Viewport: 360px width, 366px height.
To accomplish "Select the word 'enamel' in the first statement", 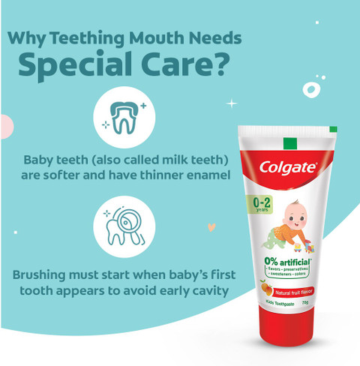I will (204, 177).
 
